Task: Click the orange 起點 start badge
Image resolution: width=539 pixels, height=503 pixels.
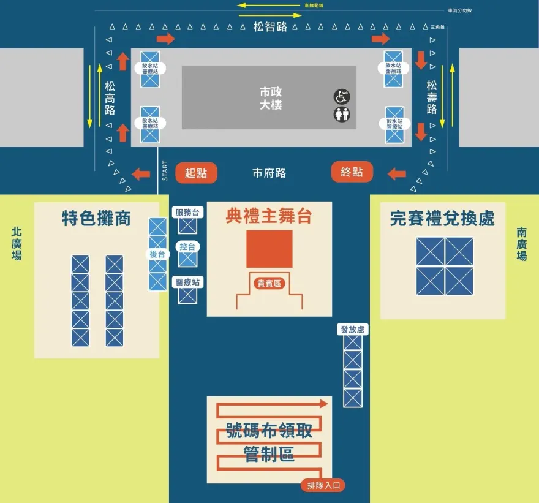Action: [196, 173]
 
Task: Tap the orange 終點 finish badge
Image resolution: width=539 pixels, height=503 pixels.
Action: [352, 172]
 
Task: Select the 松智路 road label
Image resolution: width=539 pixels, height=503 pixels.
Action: [270, 27]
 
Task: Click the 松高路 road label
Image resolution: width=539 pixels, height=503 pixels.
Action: [110, 98]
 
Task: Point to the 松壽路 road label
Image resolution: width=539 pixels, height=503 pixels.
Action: [432, 97]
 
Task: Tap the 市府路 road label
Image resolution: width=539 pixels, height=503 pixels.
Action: [269, 173]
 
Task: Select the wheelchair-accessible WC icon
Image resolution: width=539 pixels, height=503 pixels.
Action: [341, 96]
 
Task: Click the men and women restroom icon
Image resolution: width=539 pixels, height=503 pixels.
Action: [341, 114]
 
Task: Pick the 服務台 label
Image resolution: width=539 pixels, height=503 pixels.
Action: [187, 212]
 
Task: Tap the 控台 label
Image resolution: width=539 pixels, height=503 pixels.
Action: [187, 246]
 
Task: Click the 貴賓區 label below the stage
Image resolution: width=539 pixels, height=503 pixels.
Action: [269, 283]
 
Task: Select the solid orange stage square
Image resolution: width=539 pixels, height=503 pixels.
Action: [269, 249]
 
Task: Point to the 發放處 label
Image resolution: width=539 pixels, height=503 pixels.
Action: [352, 330]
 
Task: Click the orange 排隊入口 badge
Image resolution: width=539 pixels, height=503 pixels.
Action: [323, 486]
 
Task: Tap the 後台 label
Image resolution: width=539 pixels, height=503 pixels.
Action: [157, 254]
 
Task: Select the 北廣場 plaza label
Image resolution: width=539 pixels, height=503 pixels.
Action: [17, 244]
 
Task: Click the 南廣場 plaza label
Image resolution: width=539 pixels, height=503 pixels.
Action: [521, 244]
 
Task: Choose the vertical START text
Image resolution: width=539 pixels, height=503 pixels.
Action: [165, 170]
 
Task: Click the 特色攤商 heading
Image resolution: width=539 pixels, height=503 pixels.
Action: [97, 218]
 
